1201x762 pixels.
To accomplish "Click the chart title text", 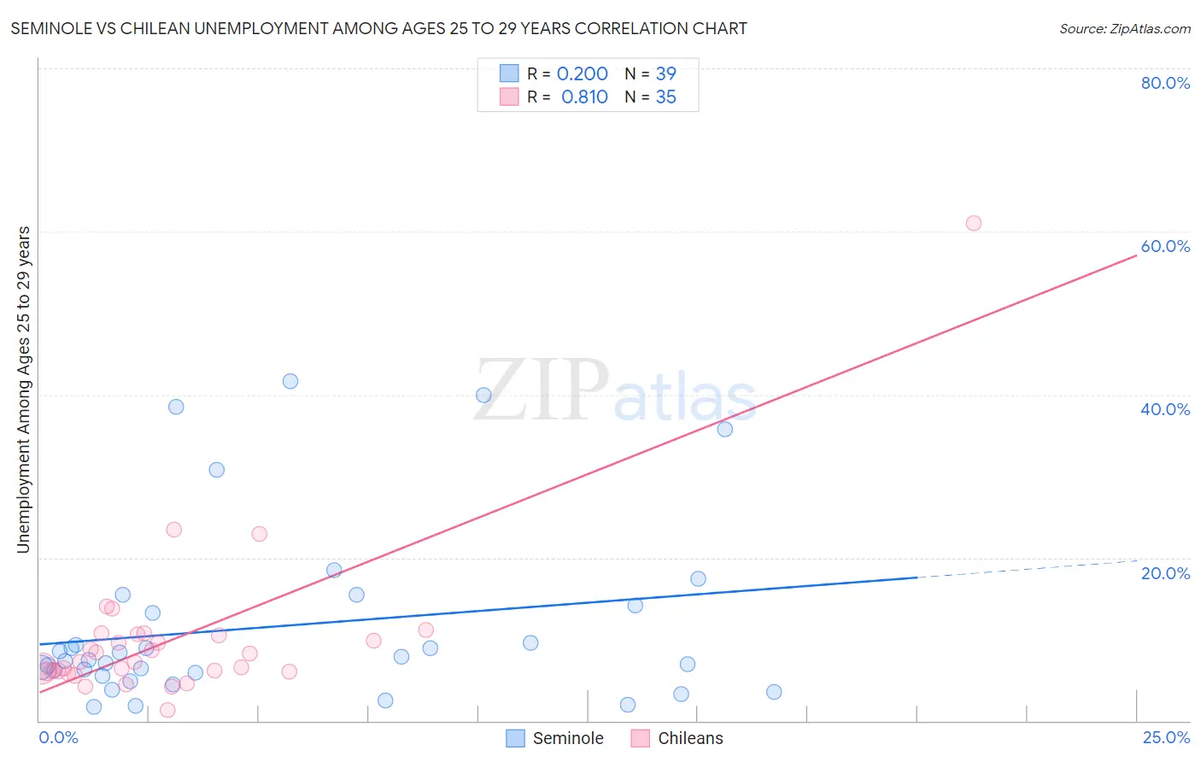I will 378,29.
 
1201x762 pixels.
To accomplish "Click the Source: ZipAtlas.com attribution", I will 1124,29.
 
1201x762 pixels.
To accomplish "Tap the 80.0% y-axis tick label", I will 1165,83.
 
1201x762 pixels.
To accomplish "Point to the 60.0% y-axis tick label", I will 1165,246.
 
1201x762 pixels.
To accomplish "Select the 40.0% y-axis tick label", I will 1165,409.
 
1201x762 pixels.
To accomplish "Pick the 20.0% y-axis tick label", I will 1165,573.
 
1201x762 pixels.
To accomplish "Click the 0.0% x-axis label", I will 58,737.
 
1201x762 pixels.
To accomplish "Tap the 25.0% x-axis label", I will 1166,737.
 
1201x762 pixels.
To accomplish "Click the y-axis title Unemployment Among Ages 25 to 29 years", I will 24,390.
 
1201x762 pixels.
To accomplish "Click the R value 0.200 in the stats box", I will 582,74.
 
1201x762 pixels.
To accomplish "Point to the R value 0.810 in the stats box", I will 584,97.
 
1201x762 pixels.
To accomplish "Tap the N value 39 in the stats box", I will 665,74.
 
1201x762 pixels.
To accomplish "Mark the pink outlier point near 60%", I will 973,223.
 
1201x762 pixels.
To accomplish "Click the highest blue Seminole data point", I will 290,381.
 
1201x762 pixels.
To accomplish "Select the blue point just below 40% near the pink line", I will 724,429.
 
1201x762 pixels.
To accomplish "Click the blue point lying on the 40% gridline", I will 483,395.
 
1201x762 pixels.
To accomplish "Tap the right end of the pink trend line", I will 1135,255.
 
